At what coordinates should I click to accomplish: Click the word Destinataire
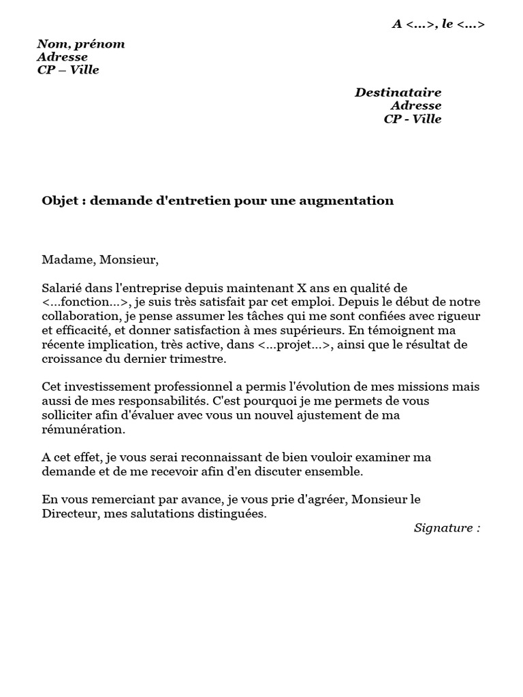coord(398,93)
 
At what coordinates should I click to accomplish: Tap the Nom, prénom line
coord(81,44)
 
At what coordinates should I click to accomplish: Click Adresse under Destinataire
coord(415,106)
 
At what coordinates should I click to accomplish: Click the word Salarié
coord(63,288)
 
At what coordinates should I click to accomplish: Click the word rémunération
coord(83,429)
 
